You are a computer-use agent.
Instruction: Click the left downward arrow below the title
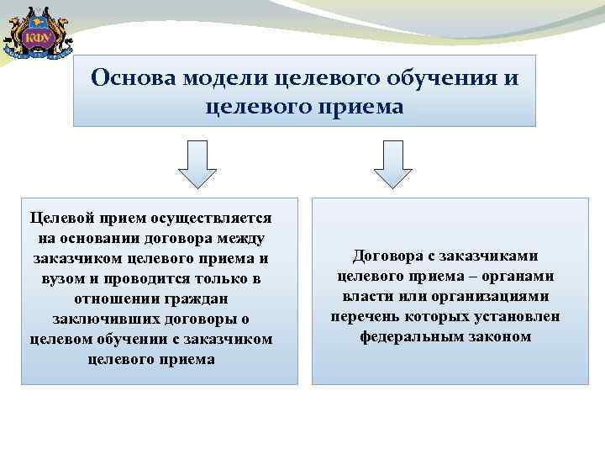(x=198, y=164)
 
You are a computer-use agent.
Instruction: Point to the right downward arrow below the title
(x=393, y=164)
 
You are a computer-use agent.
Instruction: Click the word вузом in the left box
(x=55, y=278)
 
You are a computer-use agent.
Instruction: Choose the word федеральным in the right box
(x=410, y=336)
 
